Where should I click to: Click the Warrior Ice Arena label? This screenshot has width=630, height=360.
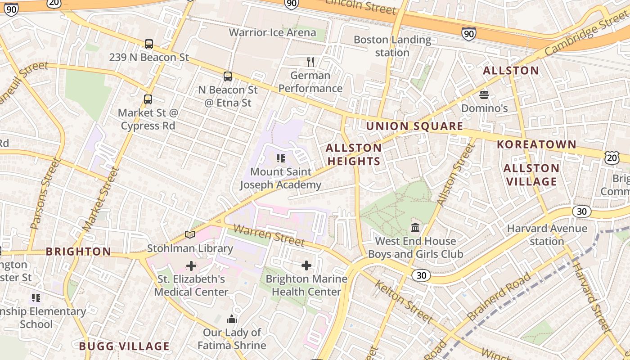272,32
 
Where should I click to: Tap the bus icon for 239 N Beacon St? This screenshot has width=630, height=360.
149,44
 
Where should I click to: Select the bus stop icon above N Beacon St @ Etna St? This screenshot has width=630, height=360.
228,76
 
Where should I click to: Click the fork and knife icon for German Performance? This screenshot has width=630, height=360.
310,62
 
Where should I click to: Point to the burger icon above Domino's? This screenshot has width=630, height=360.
484,95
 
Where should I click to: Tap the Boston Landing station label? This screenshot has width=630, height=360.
392,46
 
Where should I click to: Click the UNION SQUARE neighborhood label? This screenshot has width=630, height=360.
414,126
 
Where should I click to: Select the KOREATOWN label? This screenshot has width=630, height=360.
536,144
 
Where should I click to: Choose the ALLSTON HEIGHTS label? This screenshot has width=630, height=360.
354,154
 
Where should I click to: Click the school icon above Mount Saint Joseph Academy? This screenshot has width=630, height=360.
281,158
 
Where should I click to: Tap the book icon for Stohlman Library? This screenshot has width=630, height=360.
190,235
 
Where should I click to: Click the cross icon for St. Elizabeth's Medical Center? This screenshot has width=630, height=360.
191,266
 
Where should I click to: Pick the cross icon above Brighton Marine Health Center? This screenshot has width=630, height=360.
306,265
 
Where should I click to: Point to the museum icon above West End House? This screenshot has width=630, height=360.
415,228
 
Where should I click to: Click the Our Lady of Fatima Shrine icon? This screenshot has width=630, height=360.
232,319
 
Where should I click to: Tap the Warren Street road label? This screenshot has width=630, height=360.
269,236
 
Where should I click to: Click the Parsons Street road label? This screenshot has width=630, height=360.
44,193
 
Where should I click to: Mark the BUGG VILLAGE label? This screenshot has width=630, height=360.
124,346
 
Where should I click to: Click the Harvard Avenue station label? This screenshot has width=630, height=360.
547,234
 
